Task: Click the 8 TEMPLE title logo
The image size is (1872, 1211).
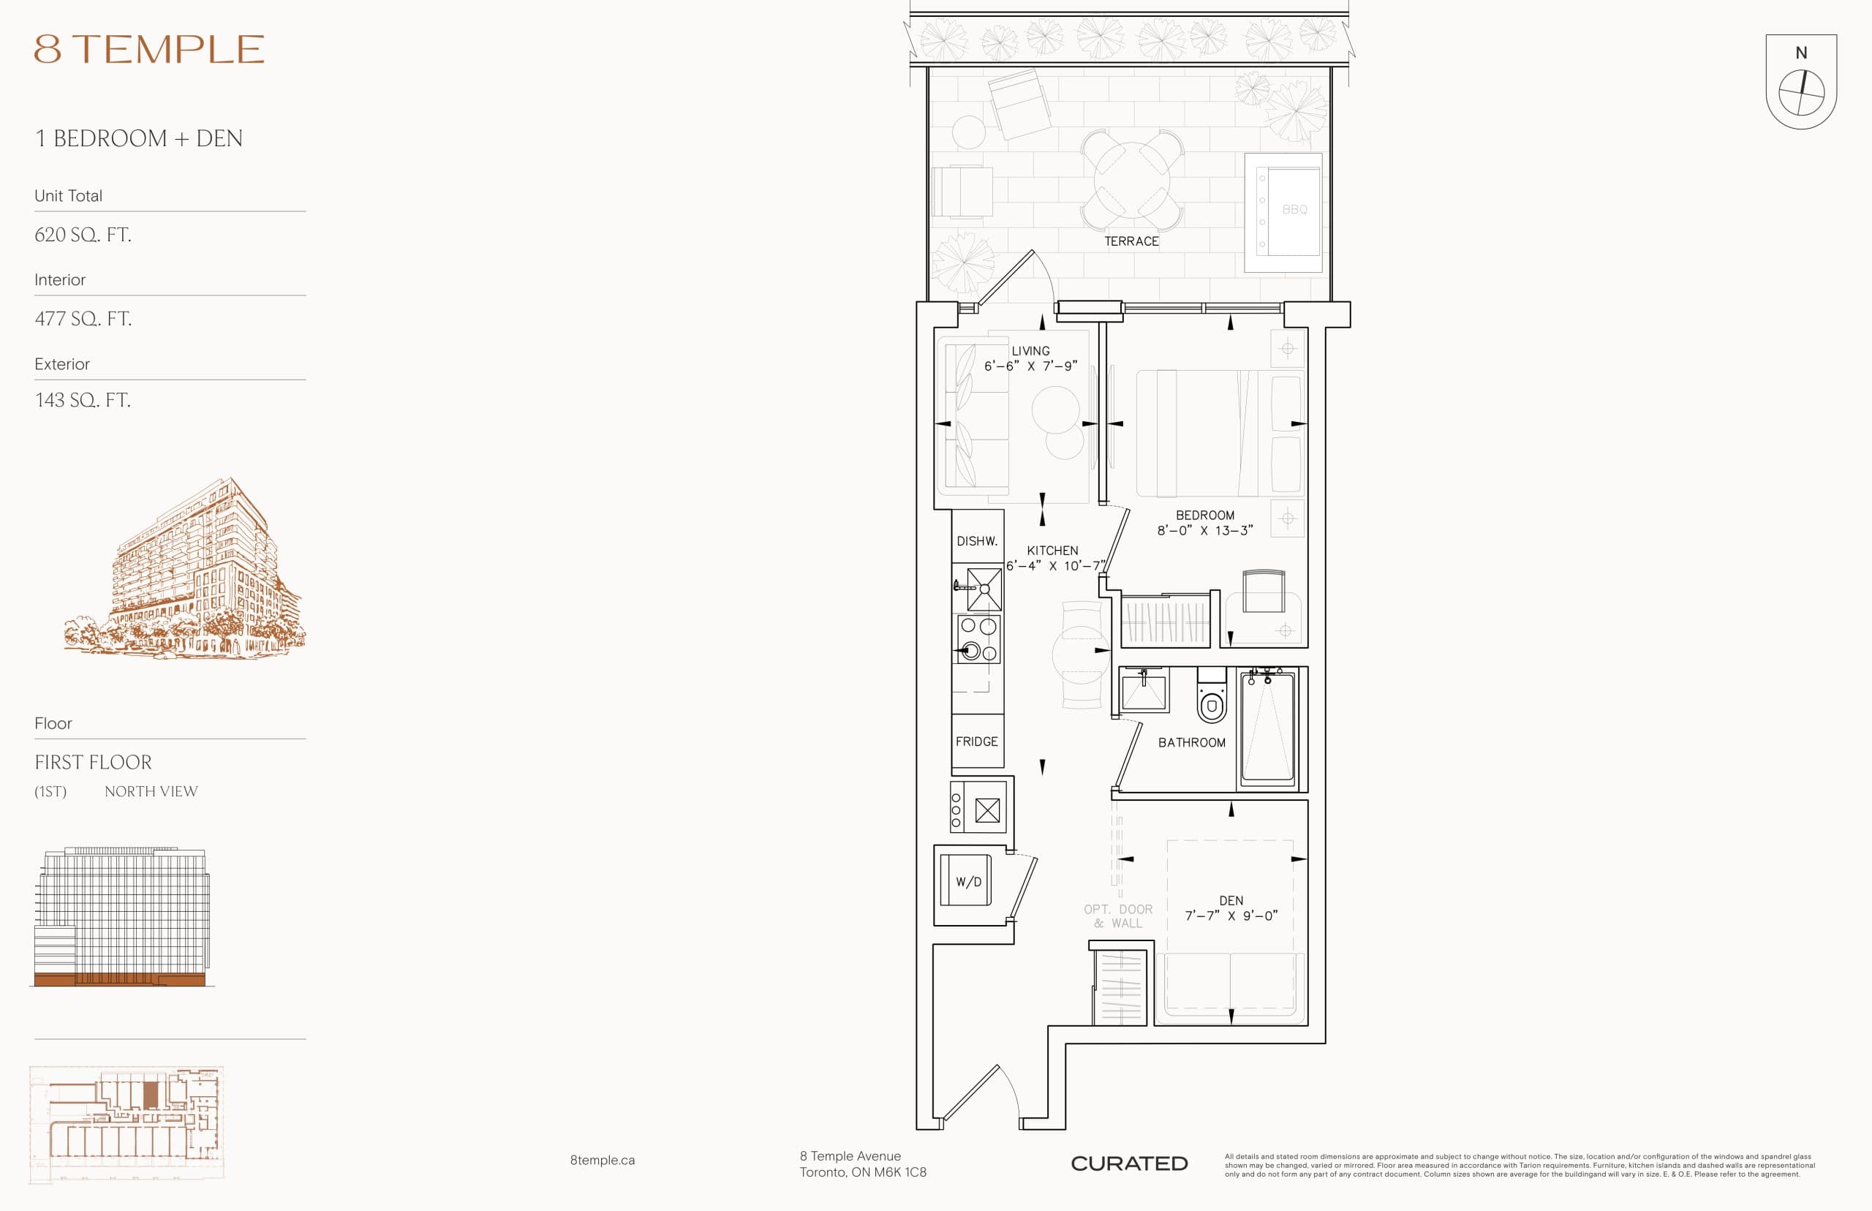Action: [149, 50]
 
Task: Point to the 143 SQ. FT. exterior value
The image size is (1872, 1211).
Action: [83, 400]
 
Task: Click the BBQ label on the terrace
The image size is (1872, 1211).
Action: [1294, 210]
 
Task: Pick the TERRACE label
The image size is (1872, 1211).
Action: [1131, 241]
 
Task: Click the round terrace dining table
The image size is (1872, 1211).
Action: [1131, 180]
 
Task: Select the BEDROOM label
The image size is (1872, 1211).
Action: [1204, 516]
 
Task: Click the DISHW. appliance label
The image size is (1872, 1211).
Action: [976, 542]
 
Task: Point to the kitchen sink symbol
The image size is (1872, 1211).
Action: [984, 589]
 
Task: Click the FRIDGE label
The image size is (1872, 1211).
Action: [976, 742]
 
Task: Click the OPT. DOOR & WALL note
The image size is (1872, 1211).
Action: [1117, 916]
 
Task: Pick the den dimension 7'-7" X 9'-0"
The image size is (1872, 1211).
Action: [1231, 916]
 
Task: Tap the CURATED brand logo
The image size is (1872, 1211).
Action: [1129, 1163]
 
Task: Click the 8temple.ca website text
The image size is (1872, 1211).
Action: [603, 1161]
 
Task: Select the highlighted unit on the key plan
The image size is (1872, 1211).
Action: [150, 1095]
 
